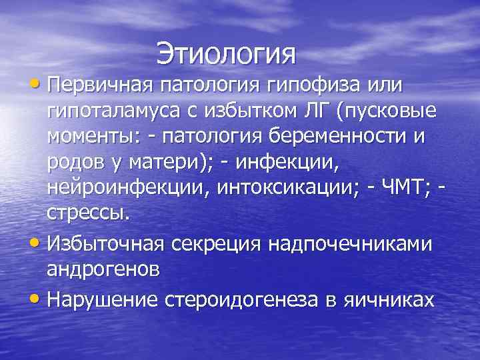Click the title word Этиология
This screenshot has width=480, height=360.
pyautogui.click(x=226, y=53)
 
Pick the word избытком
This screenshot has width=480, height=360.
pyautogui.click(x=255, y=110)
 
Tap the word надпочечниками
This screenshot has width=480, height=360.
pyautogui.click(x=351, y=243)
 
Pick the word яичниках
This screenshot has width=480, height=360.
pyautogui.click(x=389, y=300)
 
